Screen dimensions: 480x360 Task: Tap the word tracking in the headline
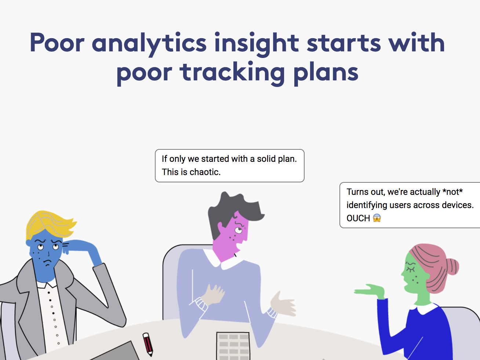tap(232, 72)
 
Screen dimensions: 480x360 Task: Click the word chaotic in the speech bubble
tap(205, 172)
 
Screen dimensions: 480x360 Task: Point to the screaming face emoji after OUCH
tap(377, 218)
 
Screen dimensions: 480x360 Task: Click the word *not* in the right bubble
tap(452, 192)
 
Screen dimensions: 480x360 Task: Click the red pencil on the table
tap(148, 344)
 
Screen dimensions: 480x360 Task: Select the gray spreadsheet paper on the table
tap(233, 346)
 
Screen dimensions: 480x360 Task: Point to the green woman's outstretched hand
tap(370, 291)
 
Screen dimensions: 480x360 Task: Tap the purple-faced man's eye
tap(239, 230)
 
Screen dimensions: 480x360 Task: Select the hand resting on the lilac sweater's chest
tap(213, 294)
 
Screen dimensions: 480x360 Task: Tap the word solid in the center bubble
tap(266, 159)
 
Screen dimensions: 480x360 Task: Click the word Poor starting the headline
tap(57, 43)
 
